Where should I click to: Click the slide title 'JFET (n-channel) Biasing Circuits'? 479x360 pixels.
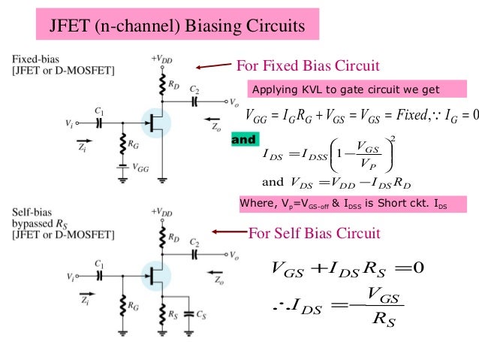(x=177, y=27)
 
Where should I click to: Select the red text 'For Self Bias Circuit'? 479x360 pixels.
(x=315, y=233)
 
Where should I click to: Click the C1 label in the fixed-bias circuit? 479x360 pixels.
(x=98, y=112)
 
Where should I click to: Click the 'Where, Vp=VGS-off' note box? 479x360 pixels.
(x=342, y=203)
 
